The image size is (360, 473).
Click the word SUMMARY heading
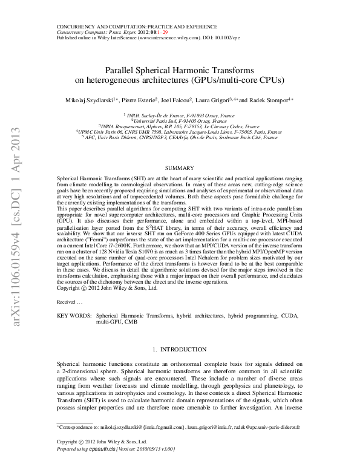click(179, 166)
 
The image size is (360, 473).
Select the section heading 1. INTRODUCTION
click(179, 350)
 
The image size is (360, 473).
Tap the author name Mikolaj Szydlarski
click(91, 99)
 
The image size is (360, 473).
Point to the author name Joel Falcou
click(176, 99)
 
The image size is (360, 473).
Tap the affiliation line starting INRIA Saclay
click(180, 114)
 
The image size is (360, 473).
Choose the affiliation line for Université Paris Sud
click(180, 120)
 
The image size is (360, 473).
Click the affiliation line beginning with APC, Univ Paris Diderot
click(180, 137)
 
